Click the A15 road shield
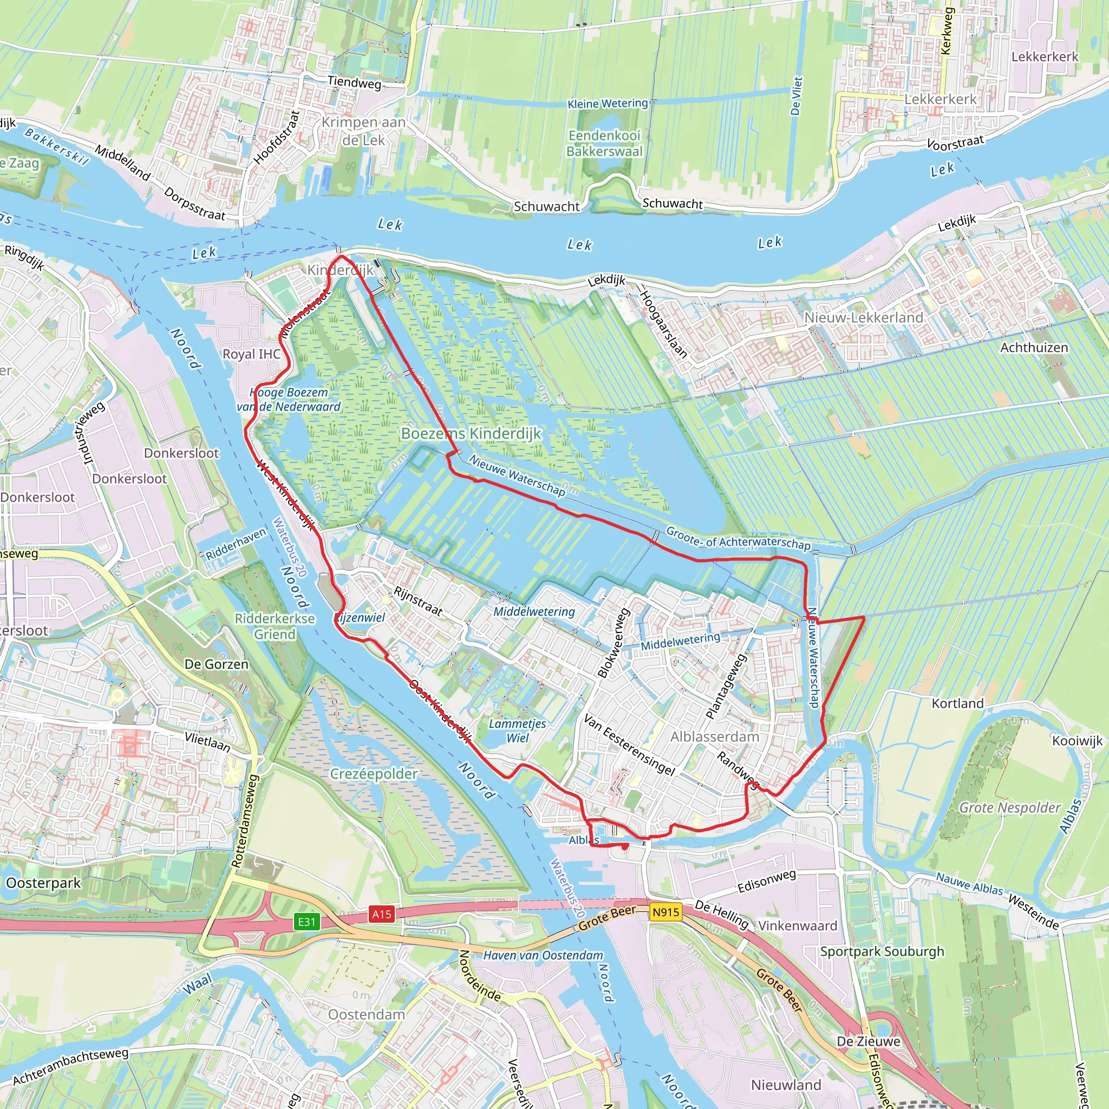(382, 914)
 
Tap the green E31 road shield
(306, 922)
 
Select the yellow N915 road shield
(666, 911)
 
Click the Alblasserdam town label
(714, 736)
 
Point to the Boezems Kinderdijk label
(471, 433)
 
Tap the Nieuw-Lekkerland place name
(863, 317)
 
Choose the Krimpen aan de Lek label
(363, 132)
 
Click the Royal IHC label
(251, 354)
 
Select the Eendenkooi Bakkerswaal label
(604, 143)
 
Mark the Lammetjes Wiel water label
(517, 730)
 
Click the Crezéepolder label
(374, 774)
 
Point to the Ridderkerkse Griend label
(275, 627)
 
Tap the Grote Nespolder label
(1010, 807)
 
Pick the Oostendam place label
(366, 1015)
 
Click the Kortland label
(957, 703)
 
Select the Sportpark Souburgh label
(882, 951)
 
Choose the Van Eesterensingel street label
(629, 745)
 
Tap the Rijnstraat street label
(418, 601)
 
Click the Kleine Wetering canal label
(608, 104)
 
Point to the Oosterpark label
(43, 883)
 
